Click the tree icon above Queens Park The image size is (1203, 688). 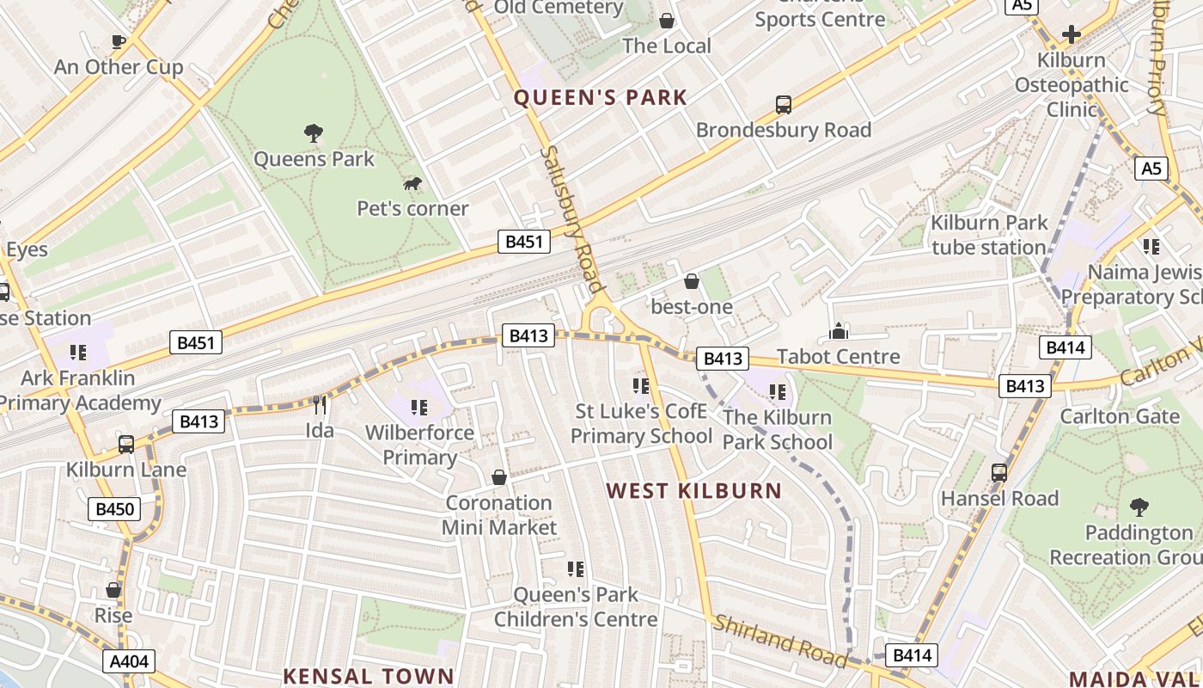[314, 132]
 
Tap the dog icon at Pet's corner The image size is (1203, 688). [413, 183]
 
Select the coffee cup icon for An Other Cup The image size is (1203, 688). [119, 40]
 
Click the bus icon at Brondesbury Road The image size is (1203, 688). [783, 105]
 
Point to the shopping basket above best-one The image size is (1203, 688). [692, 281]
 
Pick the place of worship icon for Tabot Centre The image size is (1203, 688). [838, 331]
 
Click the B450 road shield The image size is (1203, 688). [113, 509]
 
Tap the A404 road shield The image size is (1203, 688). [130, 661]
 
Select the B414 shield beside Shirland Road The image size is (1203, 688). [912, 655]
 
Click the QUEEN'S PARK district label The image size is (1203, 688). [601, 98]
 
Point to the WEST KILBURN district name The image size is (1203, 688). [694, 491]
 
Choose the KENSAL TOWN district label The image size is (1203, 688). [368, 676]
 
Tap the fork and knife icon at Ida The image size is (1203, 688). [320, 405]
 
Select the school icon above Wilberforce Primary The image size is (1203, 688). [419, 407]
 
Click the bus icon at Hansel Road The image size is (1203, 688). [998, 472]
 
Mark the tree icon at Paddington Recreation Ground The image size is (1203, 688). [1139, 507]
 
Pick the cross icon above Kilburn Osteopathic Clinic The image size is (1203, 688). [1071, 34]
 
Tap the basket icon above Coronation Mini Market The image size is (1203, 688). [498, 476]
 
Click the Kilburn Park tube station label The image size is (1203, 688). [989, 235]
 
